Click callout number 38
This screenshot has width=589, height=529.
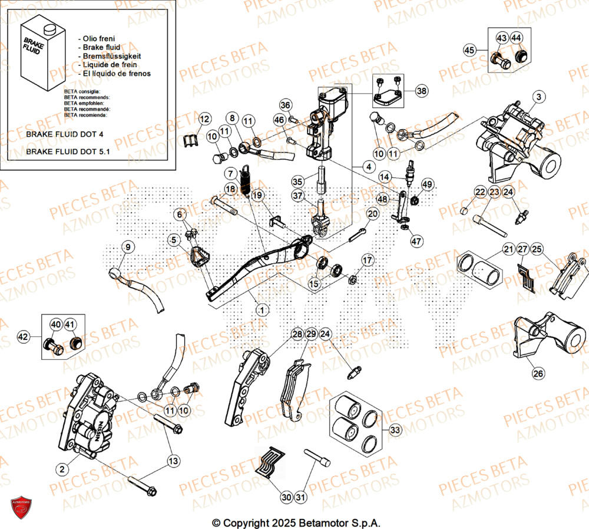[x=422, y=91]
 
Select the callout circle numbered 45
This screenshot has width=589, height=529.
[x=469, y=50]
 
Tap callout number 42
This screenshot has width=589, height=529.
[x=23, y=338]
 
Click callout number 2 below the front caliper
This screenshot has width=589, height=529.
[x=61, y=469]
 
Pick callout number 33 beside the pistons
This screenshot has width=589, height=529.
[x=394, y=431]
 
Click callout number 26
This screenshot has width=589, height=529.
[x=538, y=372]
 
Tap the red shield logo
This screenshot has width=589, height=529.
[x=21, y=507]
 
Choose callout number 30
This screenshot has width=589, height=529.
[x=286, y=498]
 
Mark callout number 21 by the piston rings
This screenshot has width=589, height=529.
[x=508, y=250]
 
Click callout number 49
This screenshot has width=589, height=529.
[x=427, y=184]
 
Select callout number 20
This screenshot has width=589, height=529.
[x=372, y=214]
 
